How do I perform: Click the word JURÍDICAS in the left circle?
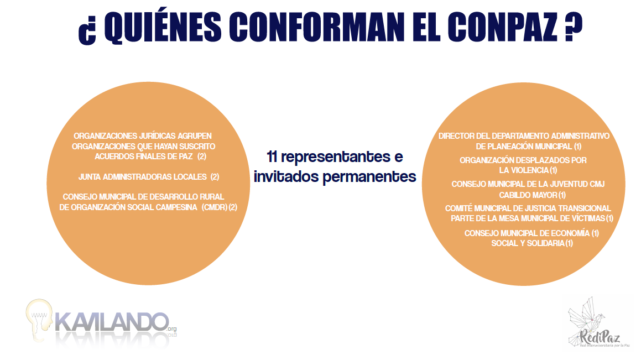[x=153, y=135]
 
